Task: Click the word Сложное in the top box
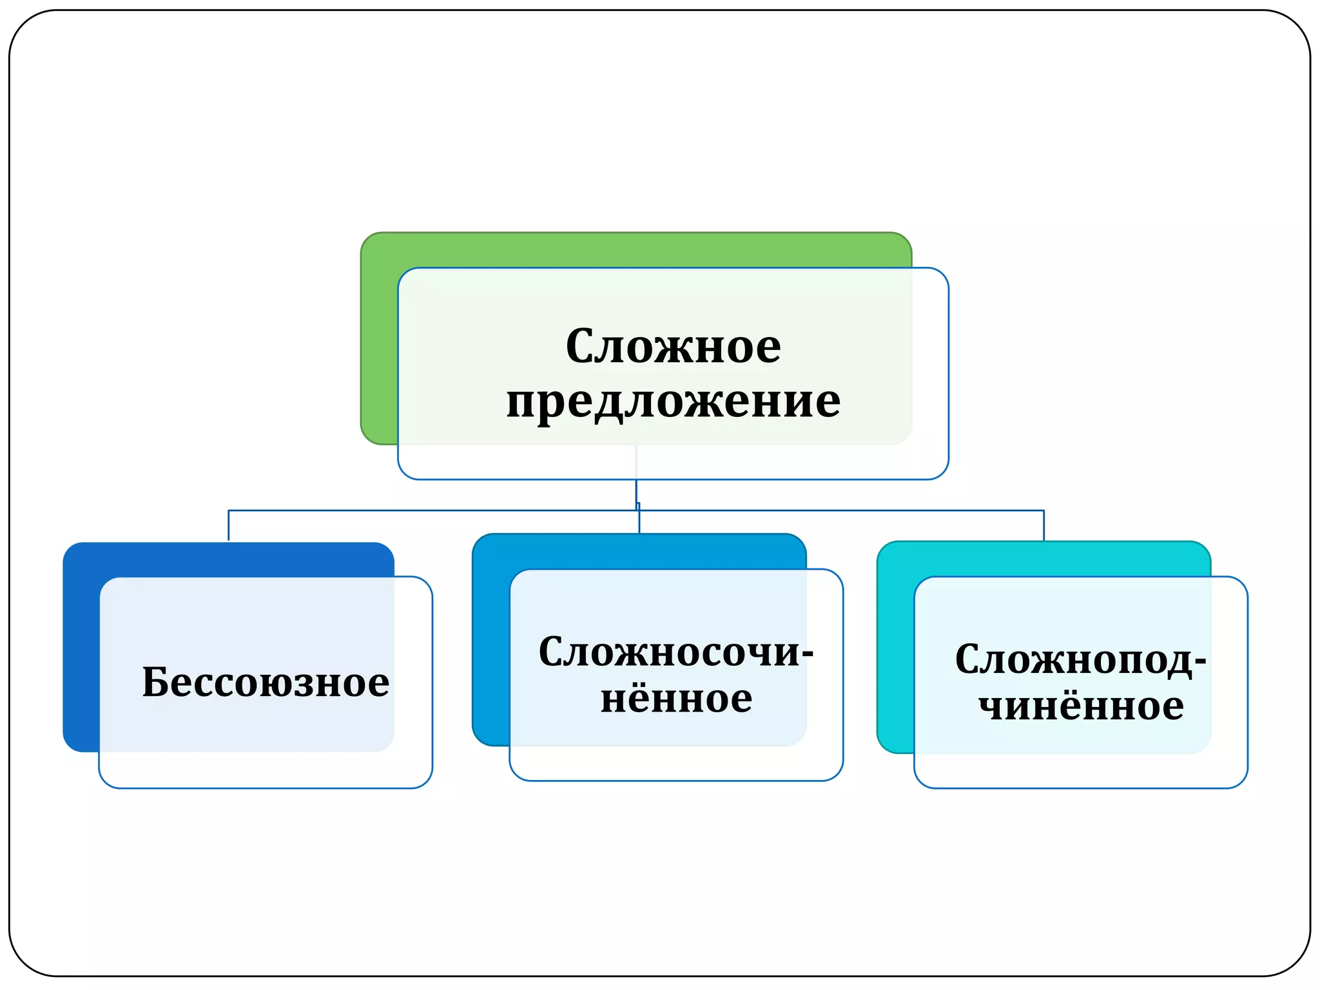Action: click(x=673, y=346)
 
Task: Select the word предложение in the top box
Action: click(x=673, y=401)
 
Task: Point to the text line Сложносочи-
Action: click(x=675, y=652)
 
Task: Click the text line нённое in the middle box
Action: click(x=676, y=699)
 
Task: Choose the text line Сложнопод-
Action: click(x=1080, y=659)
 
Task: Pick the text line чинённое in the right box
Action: click(x=1081, y=706)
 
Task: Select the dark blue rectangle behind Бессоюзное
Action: click(x=81, y=645)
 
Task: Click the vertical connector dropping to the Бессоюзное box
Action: click(x=229, y=525)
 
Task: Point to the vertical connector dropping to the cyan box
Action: click(x=1043, y=525)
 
